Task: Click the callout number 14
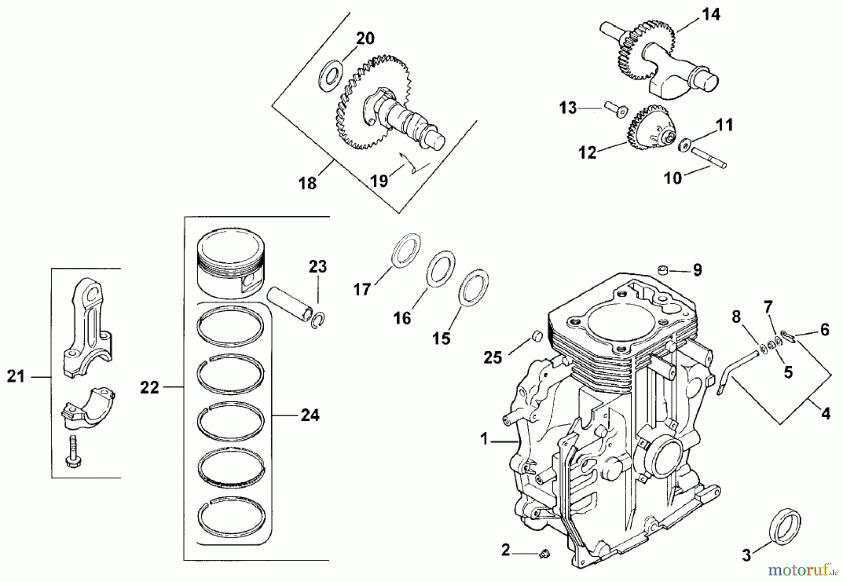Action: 710,15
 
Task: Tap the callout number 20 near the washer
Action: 365,38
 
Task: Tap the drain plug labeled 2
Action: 544,554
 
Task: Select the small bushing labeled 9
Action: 662,270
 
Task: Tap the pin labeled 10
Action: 708,157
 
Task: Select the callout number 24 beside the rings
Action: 310,415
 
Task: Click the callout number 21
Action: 15,376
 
